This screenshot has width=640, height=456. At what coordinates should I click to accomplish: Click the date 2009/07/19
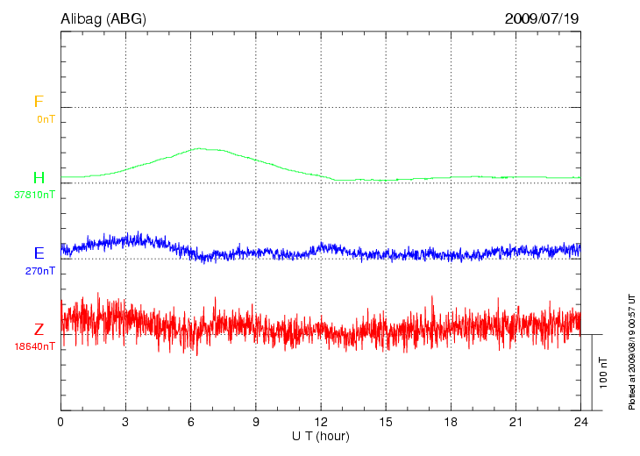click(542, 18)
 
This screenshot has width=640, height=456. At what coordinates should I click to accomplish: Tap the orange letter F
click(39, 102)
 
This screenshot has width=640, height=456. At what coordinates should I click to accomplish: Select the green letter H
click(39, 178)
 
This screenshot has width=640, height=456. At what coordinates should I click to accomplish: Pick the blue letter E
click(39, 253)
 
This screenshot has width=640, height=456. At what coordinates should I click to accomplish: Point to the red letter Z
click(39, 330)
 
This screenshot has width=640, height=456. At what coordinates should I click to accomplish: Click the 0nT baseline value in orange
click(46, 118)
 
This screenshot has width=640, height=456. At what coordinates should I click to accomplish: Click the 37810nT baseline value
click(35, 195)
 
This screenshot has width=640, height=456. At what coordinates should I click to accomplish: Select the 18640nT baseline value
click(35, 346)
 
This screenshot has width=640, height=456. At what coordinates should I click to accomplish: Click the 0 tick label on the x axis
click(60, 422)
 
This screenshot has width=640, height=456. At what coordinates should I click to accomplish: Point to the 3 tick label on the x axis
click(125, 422)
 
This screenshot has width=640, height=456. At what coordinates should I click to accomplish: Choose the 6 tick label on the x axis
click(191, 422)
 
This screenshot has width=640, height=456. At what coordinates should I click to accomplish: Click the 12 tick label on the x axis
click(321, 422)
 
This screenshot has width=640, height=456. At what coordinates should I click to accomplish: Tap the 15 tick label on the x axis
click(386, 422)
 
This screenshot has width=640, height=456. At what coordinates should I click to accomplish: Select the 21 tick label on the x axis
click(516, 422)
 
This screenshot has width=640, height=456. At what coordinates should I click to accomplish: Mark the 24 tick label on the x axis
click(581, 422)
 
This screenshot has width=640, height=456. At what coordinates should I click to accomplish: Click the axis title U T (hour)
click(321, 436)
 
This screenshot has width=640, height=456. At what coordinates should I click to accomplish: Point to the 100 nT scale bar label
click(603, 373)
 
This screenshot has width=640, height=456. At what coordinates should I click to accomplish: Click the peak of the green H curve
click(200, 148)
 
